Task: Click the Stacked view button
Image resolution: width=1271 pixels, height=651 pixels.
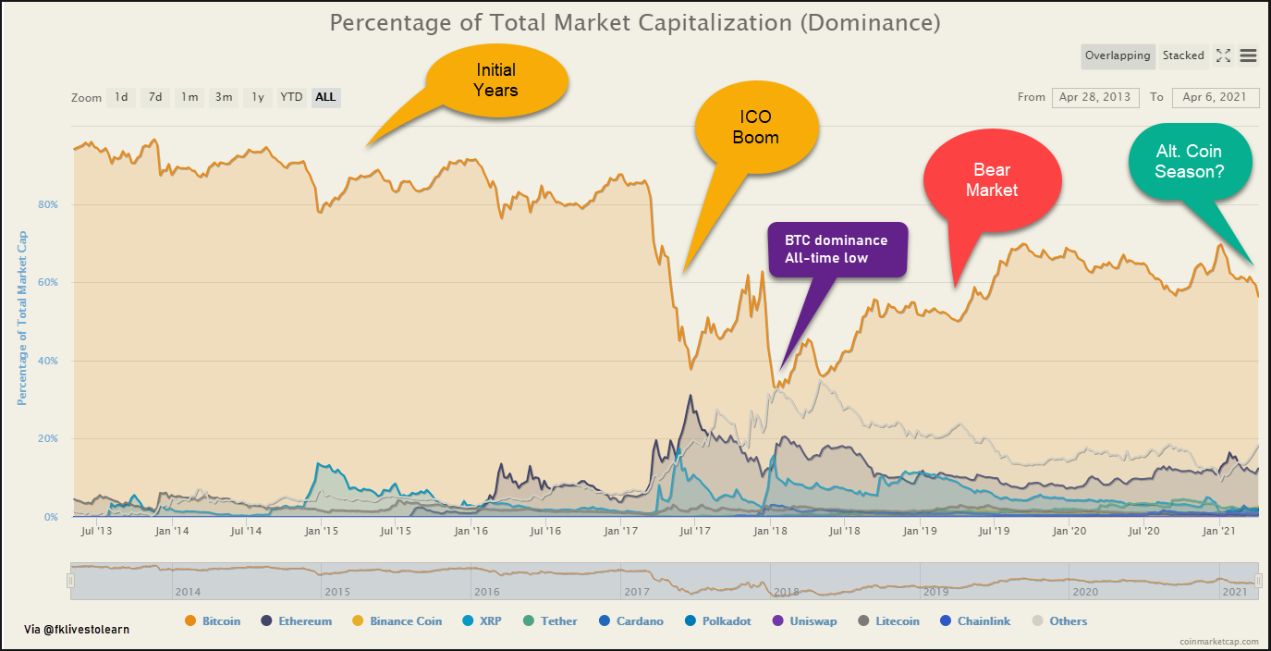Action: tap(1183, 55)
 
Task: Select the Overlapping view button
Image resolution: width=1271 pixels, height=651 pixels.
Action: tap(1118, 55)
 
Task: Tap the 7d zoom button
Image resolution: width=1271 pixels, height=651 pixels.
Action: tap(155, 97)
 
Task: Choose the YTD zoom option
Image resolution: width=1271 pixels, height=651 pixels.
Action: tap(291, 97)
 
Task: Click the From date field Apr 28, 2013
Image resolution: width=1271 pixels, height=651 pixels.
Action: tap(1094, 97)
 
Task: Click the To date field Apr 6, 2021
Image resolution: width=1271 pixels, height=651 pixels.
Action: tap(1215, 97)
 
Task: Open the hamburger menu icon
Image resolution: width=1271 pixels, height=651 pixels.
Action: tap(1248, 55)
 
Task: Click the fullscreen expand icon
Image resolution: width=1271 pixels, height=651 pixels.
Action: tap(1223, 55)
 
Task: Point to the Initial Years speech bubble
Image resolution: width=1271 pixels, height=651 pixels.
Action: tap(496, 80)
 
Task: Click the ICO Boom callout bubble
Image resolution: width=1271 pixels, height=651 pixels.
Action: tap(756, 128)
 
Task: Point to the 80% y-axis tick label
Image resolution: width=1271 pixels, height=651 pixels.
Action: tap(47, 204)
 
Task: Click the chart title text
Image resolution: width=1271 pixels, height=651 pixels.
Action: tap(635, 22)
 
